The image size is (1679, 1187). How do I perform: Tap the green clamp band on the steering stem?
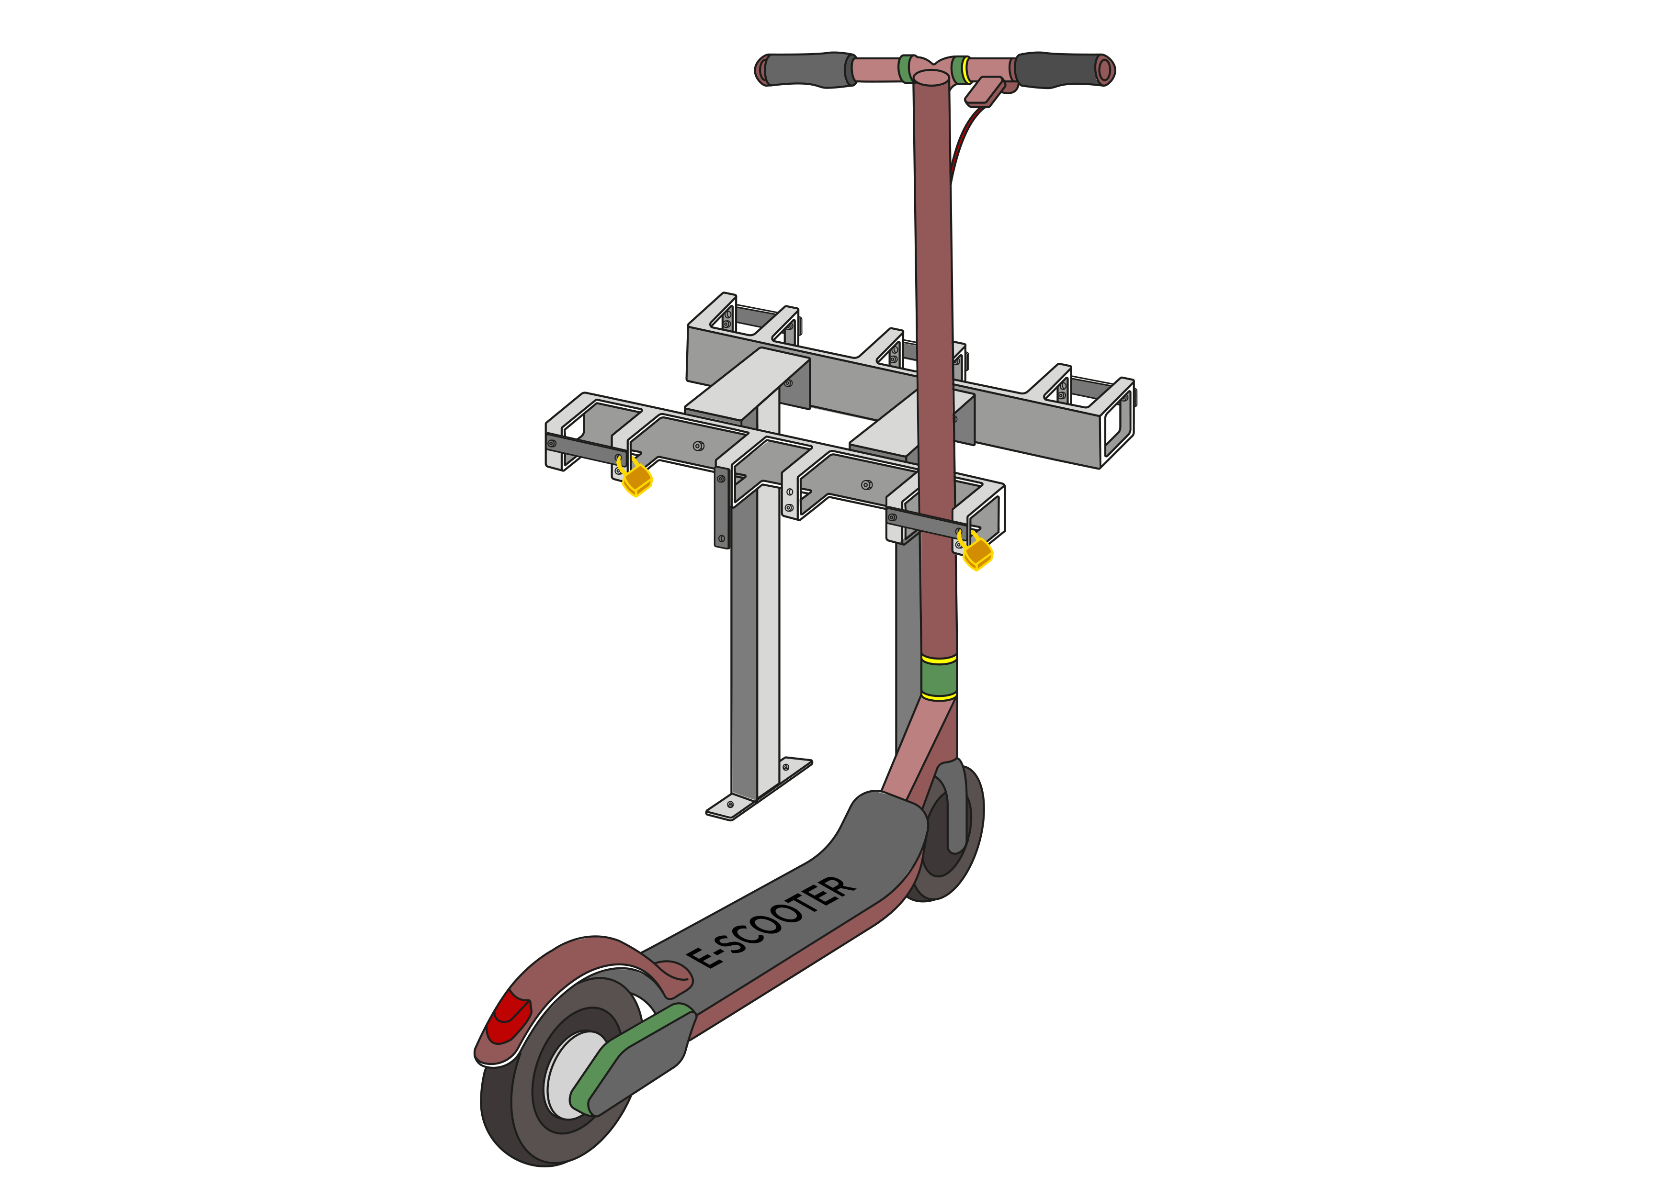tap(939, 678)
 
